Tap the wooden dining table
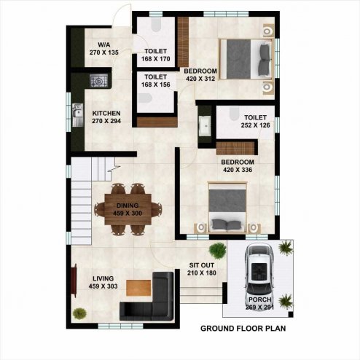(128, 209)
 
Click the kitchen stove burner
(98, 81)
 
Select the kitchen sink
(77, 115)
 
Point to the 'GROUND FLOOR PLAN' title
(243, 329)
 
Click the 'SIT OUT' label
(202, 265)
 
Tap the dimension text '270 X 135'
(104, 52)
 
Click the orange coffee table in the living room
(138, 288)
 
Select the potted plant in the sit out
(217, 251)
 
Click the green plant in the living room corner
(79, 313)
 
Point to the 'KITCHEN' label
(106, 113)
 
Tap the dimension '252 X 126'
(255, 125)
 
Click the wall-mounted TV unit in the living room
(74, 281)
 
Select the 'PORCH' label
(259, 300)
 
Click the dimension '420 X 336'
(238, 170)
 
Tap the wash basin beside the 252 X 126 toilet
(206, 125)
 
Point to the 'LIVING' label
(103, 278)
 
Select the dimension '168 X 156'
(156, 85)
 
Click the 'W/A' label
(104, 44)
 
